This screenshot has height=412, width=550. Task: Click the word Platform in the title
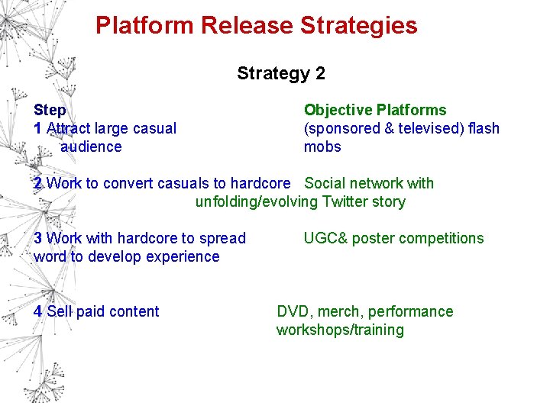pos(144,25)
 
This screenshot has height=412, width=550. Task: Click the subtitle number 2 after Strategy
pos(319,73)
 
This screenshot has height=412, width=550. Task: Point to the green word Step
pos(50,111)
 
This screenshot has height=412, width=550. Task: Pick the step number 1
pos(37,128)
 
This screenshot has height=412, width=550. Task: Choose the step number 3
pos(37,238)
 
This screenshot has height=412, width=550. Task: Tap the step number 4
pos(37,311)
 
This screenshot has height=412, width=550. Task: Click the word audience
pos(91,146)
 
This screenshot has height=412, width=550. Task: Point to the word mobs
pos(322,146)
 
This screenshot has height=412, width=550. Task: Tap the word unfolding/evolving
pos(256,202)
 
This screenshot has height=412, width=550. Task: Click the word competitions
pos(440,238)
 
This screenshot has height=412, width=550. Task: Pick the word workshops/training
pos(340,330)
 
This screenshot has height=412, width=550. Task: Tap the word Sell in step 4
pos(60,311)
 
